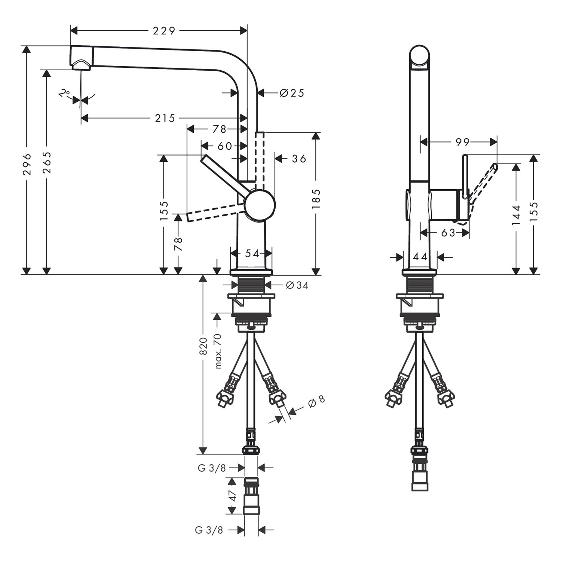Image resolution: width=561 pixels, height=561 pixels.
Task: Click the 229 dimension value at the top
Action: (x=164, y=31)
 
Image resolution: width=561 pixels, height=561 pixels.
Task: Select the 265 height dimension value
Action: (x=47, y=163)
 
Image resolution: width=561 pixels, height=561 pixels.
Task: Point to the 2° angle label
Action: (x=65, y=93)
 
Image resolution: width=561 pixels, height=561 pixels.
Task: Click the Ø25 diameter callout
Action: (x=292, y=93)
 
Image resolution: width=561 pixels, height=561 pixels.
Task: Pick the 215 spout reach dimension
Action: (x=165, y=119)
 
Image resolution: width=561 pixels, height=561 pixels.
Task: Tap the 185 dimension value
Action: (x=316, y=199)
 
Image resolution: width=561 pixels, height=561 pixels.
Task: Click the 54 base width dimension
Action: (x=252, y=254)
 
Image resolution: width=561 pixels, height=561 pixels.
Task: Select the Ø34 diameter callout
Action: (x=297, y=285)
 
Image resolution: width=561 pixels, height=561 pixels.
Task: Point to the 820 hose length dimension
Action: (x=203, y=346)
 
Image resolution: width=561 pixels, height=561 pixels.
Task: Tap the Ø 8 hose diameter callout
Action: (x=316, y=401)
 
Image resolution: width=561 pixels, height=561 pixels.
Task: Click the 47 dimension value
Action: (x=233, y=496)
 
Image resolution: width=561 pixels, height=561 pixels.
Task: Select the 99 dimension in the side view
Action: (x=463, y=142)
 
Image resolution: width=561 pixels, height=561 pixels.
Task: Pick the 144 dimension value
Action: (x=516, y=215)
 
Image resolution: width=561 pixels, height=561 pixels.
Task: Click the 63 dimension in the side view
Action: (x=448, y=233)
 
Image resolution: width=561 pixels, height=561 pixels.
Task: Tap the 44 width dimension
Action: (x=420, y=257)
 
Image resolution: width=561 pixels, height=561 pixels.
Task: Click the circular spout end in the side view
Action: (x=420, y=57)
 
